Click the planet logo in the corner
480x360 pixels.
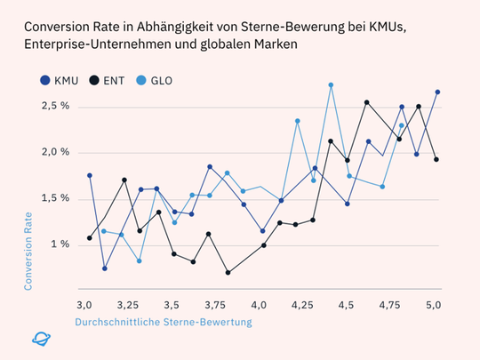coord(41,338)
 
